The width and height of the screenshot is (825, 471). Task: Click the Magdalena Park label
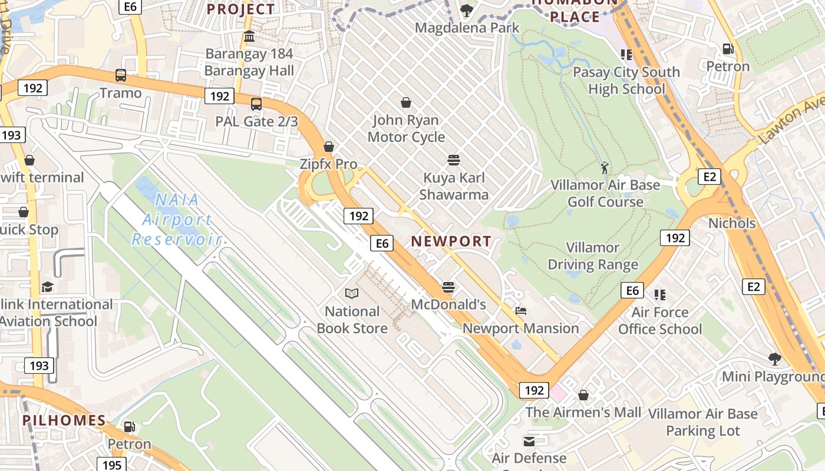click(x=467, y=28)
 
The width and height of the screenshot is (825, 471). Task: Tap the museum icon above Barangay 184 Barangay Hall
click(x=249, y=37)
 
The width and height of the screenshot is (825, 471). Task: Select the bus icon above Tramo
click(x=121, y=75)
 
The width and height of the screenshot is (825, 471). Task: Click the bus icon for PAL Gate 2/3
click(x=256, y=104)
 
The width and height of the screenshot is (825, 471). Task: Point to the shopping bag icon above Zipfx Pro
click(x=329, y=147)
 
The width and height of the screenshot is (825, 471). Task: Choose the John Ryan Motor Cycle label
click(x=406, y=128)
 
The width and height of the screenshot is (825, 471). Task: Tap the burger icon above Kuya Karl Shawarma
click(x=454, y=160)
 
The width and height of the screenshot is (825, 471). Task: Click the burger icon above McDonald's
click(x=448, y=287)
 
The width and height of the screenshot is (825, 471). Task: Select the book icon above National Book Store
click(x=352, y=293)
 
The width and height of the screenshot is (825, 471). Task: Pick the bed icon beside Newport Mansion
click(x=520, y=311)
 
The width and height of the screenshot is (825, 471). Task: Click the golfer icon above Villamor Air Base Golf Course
click(x=605, y=168)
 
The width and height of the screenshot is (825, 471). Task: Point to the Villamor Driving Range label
click(x=593, y=256)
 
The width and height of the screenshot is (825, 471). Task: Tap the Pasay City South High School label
click(x=626, y=81)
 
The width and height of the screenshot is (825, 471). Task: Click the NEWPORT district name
click(x=451, y=241)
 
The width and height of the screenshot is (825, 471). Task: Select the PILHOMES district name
click(x=64, y=420)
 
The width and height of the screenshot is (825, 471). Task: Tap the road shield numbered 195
click(x=111, y=465)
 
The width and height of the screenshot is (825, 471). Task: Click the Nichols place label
click(x=732, y=223)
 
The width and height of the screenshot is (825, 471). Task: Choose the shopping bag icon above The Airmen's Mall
click(x=583, y=395)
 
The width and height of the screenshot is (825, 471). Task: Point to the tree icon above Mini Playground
click(x=774, y=359)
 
